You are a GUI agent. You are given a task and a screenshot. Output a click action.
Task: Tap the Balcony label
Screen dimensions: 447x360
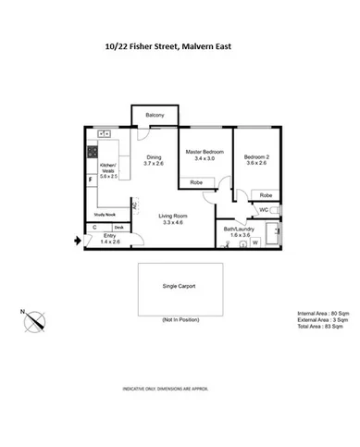pyautogui.click(x=155, y=116)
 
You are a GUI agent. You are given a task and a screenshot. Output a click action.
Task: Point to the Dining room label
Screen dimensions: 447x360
pyautogui.click(x=154, y=157)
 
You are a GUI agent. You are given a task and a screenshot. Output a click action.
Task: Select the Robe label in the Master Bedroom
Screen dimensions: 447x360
pyautogui.click(x=197, y=182)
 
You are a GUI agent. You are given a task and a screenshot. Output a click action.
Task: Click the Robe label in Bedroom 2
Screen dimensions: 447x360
pyautogui.click(x=265, y=195)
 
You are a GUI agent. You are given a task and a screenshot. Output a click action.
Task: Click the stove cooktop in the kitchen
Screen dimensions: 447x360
pyautogui.click(x=93, y=152)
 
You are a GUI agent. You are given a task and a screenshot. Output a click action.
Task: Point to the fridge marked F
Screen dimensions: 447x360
pyautogui.click(x=91, y=179)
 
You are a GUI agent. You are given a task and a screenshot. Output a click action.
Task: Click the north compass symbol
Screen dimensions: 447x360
pyautogui.click(x=35, y=322)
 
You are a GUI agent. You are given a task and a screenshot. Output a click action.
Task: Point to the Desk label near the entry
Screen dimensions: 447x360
pyautogui.click(x=118, y=227)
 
